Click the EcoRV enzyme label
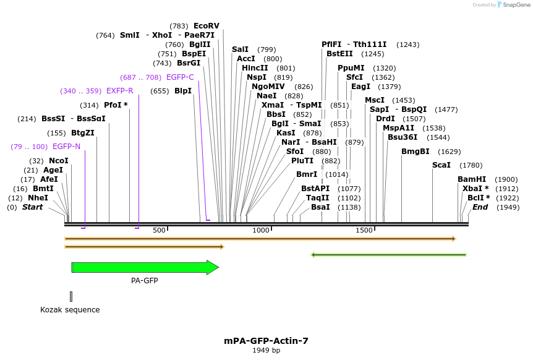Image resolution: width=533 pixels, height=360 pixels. (206, 26)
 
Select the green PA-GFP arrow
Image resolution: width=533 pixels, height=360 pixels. (145, 267)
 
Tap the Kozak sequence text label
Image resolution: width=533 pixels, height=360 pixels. (70, 309)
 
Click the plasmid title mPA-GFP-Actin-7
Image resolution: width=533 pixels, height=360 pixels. (266, 341)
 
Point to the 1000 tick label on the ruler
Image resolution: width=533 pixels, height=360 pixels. (261, 230)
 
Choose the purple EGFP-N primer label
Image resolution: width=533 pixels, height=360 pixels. (66, 147)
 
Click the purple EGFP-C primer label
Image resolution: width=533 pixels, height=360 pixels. (180, 77)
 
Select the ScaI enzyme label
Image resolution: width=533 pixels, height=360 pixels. (441, 165)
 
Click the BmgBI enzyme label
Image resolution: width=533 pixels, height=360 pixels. (415, 152)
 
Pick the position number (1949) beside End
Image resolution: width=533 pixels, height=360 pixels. (507, 207)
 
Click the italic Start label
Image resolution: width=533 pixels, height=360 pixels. (33, 207)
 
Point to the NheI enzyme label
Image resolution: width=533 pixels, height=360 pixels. (38, 198)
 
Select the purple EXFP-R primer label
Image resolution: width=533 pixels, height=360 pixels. (119, 91)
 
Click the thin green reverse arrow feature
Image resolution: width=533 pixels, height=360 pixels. (388, 254)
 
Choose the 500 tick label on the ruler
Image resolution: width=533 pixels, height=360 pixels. (159, 230)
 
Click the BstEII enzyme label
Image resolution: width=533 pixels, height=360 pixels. (339, 54)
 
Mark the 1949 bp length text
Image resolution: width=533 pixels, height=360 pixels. (266, 350)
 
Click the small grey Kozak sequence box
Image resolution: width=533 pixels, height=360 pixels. (71, 296)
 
